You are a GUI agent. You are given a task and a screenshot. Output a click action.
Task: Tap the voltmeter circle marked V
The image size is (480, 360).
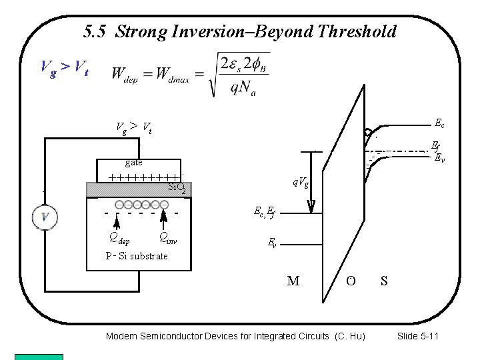pos(45,216)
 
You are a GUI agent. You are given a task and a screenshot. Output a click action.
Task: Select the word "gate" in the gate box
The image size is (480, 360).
pos(133,162)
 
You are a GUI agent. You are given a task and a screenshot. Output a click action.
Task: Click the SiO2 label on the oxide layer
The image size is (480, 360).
pos(179,188)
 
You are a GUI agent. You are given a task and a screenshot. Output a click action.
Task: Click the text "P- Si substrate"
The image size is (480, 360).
pos(137,256)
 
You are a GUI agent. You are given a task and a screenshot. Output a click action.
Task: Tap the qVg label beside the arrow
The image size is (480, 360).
pos(299,181)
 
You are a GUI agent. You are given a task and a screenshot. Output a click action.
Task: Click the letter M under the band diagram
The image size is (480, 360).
pos(293,281)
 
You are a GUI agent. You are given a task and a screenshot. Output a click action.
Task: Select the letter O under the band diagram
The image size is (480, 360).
pos(351,281)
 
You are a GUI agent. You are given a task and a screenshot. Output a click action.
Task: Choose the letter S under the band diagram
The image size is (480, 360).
pos(384,281)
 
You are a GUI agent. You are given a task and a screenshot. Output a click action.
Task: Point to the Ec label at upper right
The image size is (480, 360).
pos(439,123)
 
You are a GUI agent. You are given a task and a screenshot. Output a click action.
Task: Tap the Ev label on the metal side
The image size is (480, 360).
pos(272,243)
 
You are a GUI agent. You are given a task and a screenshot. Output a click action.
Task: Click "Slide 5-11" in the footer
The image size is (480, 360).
pos(417,336)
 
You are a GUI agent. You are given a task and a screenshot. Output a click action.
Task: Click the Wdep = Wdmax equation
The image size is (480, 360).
pos(191,73)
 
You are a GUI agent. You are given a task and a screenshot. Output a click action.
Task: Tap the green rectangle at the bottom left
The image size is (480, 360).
pos(39,357)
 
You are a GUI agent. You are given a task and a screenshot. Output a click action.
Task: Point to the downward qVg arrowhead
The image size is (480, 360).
pos(311,206)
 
